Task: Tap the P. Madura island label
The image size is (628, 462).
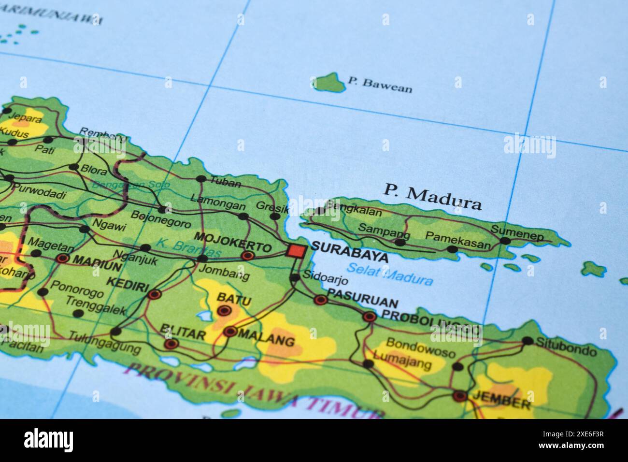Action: [433, 196]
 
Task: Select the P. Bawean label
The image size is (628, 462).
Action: [380, 85]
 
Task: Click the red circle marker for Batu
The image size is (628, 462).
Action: [224, 311]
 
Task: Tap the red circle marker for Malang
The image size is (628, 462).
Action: [230, 332]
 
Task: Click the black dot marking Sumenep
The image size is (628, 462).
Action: [505, 240]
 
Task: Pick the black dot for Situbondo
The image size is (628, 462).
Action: [528, 341]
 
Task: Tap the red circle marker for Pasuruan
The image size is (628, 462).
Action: [320, 300]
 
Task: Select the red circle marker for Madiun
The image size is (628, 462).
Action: [62, 259]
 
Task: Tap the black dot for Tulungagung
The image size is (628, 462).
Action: [116, 332]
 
